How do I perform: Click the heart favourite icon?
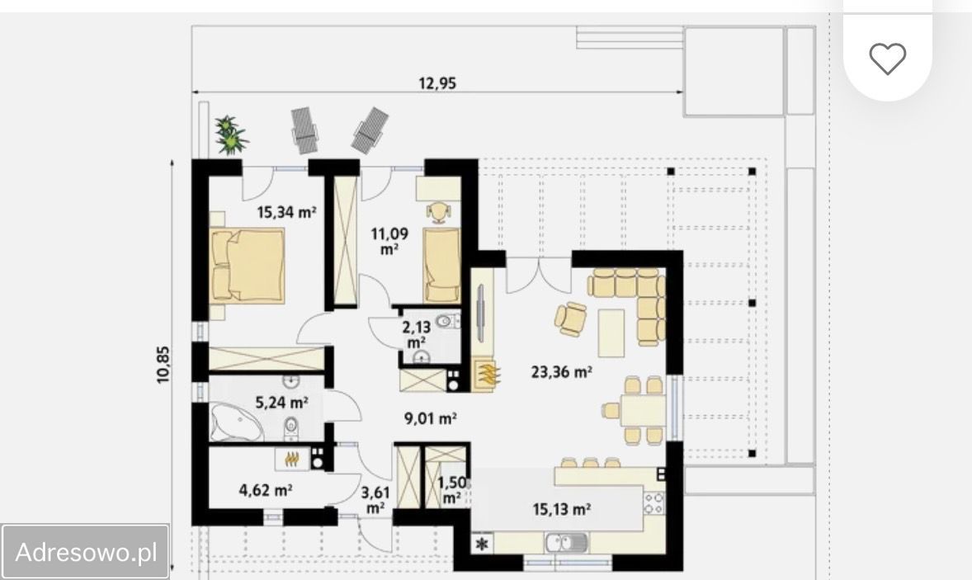(887, 59)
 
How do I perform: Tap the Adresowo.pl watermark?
(86, 551)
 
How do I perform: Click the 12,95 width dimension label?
(437, 83)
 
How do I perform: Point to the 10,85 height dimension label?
(163, 365)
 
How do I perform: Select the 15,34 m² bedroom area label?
(286, 213)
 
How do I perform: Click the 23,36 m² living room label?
(561, 372)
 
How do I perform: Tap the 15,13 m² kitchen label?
(561, 509)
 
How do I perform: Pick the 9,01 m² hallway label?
(430, 418)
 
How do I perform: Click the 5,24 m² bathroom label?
(281, 403)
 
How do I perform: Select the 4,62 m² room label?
(266, 490)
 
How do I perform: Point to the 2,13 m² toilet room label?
(416, 335)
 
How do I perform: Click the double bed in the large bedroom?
(248, 265)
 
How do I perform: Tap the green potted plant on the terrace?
(230, 134)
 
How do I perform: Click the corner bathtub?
(236, 422)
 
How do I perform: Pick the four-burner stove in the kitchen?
(654, 503)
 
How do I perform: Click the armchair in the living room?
(570, 319)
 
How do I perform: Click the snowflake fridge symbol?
(483, 544)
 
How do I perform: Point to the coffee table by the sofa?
(611, 332)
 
